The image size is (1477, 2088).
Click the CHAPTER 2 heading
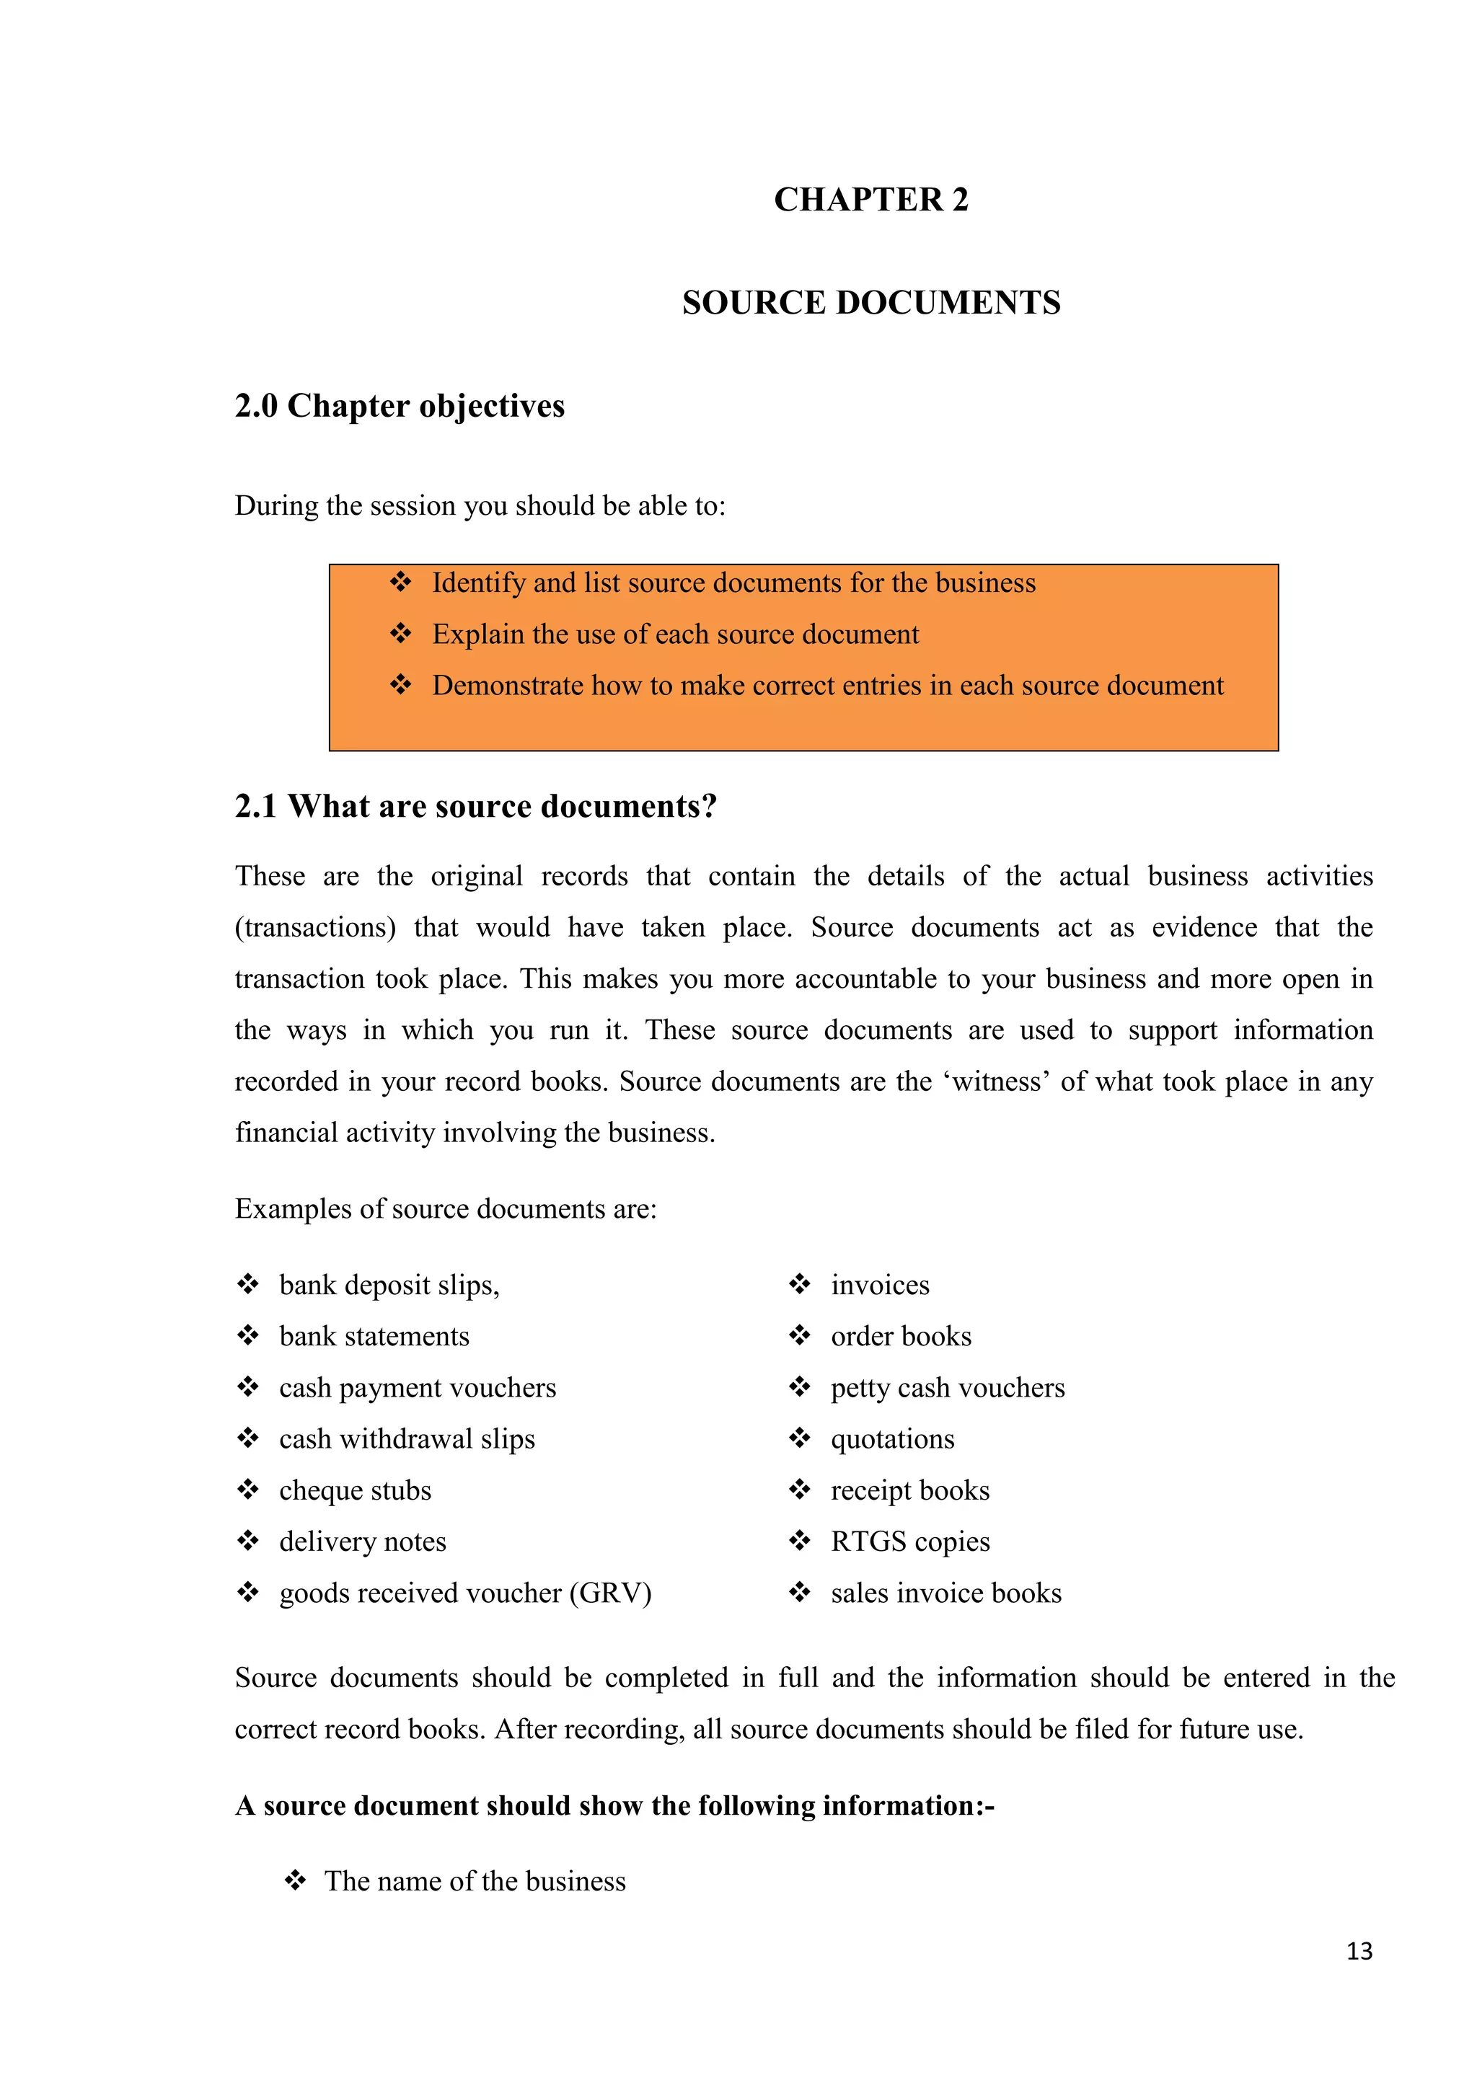tap(870, 200)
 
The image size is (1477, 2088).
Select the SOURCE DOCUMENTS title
tap(870, 303)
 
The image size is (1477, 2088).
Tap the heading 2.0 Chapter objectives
tap(400, 406)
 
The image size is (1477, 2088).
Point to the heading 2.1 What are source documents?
tap(476, 807)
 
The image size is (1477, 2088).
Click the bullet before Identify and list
tap(400, 582)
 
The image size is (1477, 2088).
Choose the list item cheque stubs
tap(355, 1490)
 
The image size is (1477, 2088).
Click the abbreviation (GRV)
tap(610, 1593)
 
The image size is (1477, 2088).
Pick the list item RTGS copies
tap(909, 1541)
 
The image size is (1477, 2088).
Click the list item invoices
tap(879, 1285)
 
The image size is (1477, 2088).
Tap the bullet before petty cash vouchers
tap(799, 1387)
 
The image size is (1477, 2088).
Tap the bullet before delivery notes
tap(247, 1541)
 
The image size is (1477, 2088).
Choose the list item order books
tap(900, 1336)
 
